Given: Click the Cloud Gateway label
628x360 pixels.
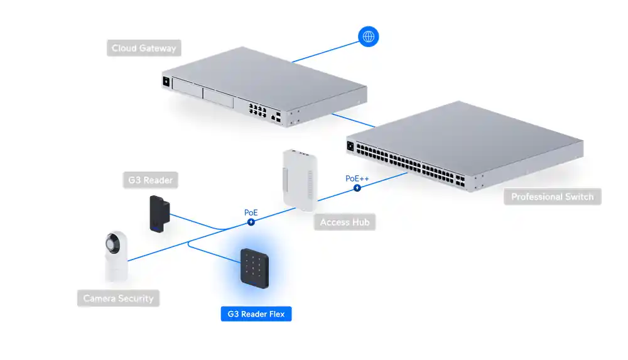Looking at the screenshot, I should point(144,48).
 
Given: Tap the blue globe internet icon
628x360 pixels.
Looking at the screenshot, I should point(368,36).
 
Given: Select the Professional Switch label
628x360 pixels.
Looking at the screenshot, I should point(552,197).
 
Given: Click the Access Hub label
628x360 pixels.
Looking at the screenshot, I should point(344,222).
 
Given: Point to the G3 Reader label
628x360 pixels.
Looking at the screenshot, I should point(150,180).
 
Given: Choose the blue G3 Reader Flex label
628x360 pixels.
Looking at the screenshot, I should point(256,313).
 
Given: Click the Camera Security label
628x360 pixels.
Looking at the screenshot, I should point(119,298).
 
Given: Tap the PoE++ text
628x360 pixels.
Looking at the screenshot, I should point(357,178).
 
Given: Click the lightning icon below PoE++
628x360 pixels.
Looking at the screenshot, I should point(357,187).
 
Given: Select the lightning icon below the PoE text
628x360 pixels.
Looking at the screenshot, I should point(251,221).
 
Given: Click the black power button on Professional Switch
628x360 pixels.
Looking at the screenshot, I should point(350,147).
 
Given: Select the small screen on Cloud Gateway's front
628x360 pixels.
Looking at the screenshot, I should point(165,81).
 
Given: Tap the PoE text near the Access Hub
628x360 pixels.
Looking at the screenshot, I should point(251,212).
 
